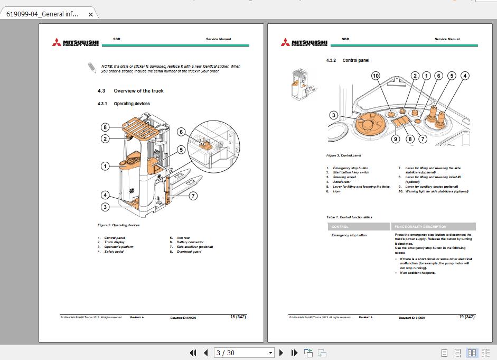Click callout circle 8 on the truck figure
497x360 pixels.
pyautogui.click(x=106, y=127)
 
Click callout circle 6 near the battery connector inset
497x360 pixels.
pyautogui.click(x=181, y=132)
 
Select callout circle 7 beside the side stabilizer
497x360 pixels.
pyautogui.click(x=193, y=196)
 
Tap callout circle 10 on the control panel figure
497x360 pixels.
pyautogui.click(x=376, y=76)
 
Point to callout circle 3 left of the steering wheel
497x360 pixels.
pyautogui.click(x=333, y=115)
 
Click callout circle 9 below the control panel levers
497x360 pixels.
pyautogui.click(x=396, y=140)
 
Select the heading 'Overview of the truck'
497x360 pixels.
pyautogui.click(x=138, y=91)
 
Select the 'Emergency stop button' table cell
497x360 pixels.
pyautogui.click(x=349, y=235)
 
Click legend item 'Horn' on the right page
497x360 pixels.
pyautogui.click(x=336, y=191)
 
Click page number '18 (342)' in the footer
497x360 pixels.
pyautogui.click(x=238, y=317)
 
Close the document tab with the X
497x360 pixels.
pyautogui.click(x=90, y=15)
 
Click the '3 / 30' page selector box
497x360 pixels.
pyautogui.click(x=244, y=353)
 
